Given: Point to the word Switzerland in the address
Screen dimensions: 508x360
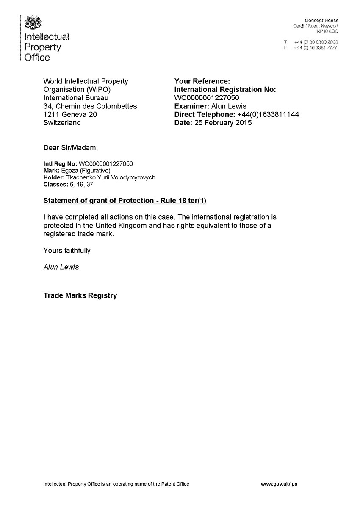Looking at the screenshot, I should [x=62, y=123].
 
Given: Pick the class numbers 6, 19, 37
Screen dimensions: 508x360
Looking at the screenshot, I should [x=85, y=185].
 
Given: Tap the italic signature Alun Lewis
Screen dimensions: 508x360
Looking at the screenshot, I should [x=61, y=267].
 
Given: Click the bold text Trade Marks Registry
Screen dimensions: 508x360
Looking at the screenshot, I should [x=80, y=295].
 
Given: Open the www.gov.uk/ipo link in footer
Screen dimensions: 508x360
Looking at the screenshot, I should [x=279, y=484].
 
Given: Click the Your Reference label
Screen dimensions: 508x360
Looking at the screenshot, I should [x=202, y=81].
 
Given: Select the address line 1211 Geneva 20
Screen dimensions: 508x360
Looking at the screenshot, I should [x=70, y=115].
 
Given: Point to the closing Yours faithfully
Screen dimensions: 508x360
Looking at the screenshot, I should [x=67, y=250].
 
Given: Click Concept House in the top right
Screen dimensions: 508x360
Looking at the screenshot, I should [x=321, y=21].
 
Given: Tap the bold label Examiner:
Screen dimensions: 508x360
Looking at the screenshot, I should [x=191, y=106].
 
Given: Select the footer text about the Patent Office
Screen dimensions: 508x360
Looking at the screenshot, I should [x=116, y=484].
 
